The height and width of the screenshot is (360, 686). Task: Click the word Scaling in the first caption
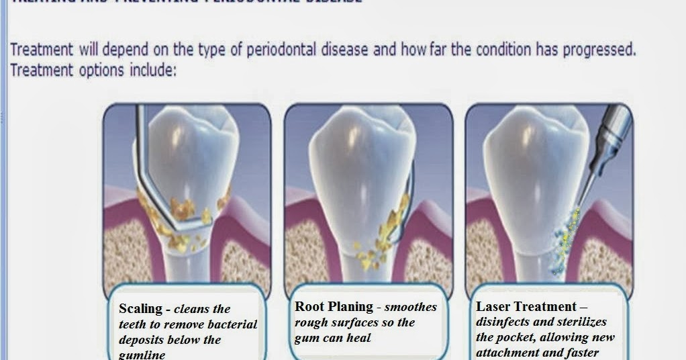(140, 309)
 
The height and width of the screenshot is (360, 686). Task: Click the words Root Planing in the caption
(334, 306)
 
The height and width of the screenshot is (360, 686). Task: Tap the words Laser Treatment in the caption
(526, 307)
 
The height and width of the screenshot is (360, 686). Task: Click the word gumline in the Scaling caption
(142, 355)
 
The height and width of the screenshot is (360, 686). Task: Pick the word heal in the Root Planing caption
(359, 338)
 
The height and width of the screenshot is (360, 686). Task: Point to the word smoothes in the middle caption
(411, 307)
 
